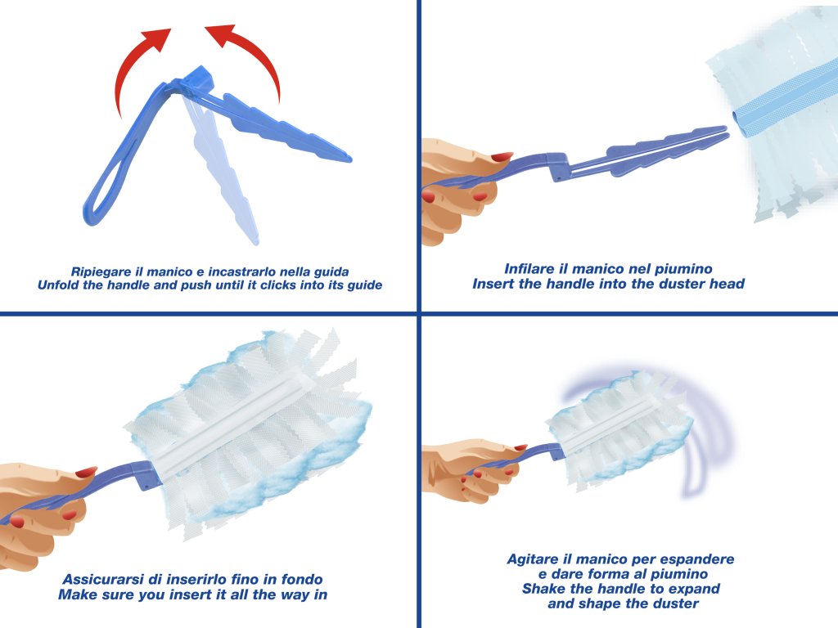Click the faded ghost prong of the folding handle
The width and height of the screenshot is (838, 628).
coord(223,165)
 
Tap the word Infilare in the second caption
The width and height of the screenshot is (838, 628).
coord(529,268)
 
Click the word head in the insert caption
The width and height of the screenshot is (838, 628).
coord(727,284)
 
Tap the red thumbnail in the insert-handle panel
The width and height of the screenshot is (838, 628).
coord(502,157)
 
